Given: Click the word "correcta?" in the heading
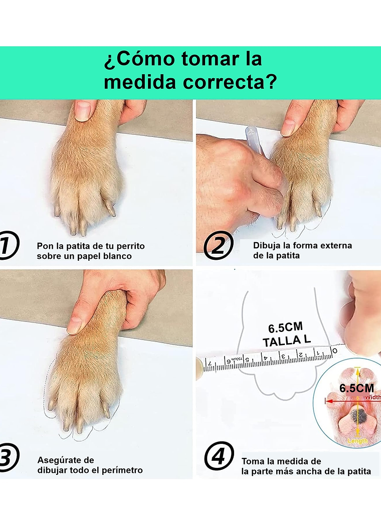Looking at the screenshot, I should click(230, 82).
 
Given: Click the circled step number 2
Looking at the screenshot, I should click(218, 246).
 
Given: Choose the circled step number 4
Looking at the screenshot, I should click(219, 458).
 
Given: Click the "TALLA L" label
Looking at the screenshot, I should click(287, 341).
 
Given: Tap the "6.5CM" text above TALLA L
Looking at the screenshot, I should click(285, 328).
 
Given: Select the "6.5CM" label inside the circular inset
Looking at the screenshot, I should click(356, 388).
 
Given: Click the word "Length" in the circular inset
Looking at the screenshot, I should click(357, 441).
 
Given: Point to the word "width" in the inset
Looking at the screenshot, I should click(373, 397).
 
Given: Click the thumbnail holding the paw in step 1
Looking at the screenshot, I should click(83, 111).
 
